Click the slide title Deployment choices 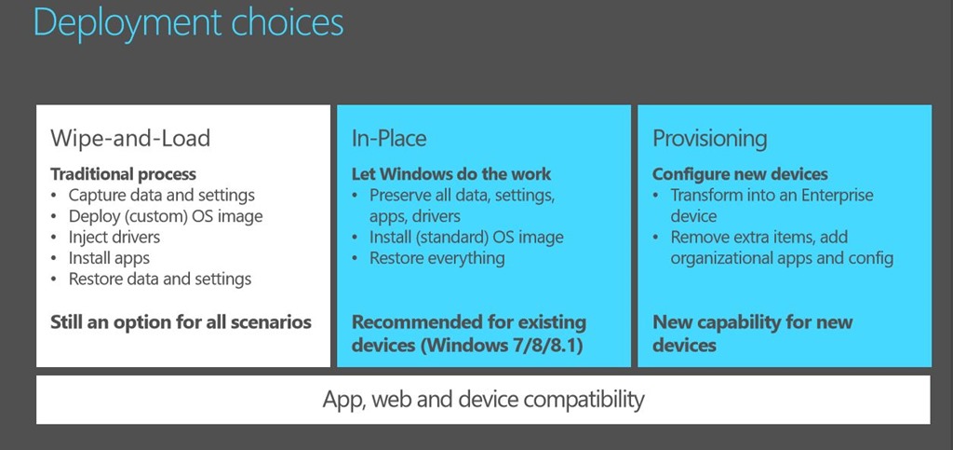click(x=188, y=23)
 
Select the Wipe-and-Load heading click(x=130, y=138)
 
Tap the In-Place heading click(x=389, y=138)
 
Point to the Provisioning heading click(x=709, y=139)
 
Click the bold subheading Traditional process click(x=124, y=174)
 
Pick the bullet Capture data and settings click(x=162, y=196)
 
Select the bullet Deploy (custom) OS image click(x=166, y=216)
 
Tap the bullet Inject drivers click(x=114, y=237)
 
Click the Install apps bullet click(x=109, y=258)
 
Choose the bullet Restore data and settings click(x=160, y=280)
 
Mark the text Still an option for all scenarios click(x=181, y=321)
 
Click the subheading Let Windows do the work click(x=451, y=174)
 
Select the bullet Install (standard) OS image click(x=466, y=238)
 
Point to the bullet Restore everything click(x=437, y=258)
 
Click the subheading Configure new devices click(x=740, y=174)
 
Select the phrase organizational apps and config click(x=782, y=258)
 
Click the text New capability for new click(x=752, y=321)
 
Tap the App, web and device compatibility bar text click(x=483, y=400)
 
